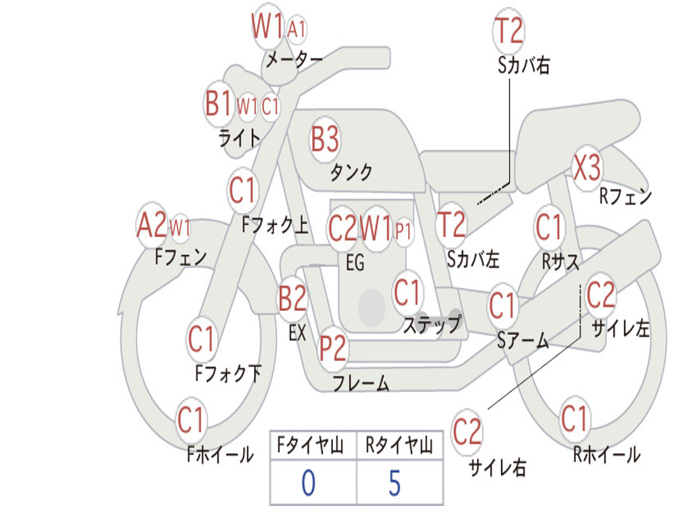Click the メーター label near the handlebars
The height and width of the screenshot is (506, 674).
(x=294, y=60)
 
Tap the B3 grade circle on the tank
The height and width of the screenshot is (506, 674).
(x=325, y=139)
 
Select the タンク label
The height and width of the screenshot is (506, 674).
(x=351, y=173)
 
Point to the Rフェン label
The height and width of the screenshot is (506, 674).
(x=625, y=196)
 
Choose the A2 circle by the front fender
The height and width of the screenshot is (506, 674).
(x=151, y=226)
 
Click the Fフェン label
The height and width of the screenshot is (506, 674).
(x=180, y=256)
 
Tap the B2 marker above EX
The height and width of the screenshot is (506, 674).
(x=292, y=298)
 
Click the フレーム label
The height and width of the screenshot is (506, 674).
(x=361, y=383)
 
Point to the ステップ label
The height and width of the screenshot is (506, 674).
(x=432, y=325)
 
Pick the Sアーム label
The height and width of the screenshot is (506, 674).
(x=523, y=341)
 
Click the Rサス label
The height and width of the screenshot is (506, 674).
(x=560, y=262)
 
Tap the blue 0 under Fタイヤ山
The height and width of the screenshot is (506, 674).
(x=308, y=484)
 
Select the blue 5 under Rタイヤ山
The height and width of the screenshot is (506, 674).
(x=394, y=484)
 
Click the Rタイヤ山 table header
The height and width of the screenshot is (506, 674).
(x=399, y=447)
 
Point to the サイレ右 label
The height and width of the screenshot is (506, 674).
(x=497, y=468)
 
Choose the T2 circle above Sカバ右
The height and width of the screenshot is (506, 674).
(x=508, y=30)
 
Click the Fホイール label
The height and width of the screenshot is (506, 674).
(x=220, y=455)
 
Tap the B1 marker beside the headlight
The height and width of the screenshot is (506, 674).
(x=218, y=103)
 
